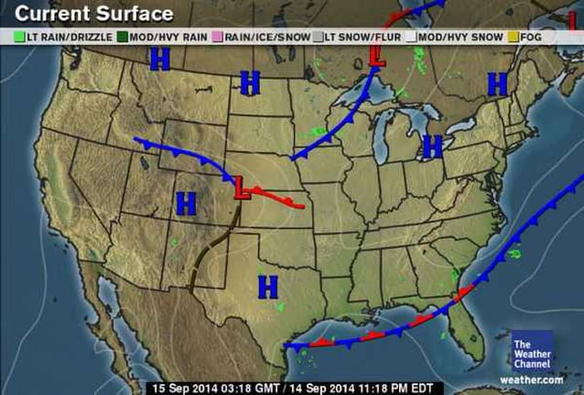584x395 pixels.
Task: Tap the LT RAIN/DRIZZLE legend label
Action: click(x=69, y=37)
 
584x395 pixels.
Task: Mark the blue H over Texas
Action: click(x=267, y=286)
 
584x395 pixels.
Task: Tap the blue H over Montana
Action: click(x=160, y=60)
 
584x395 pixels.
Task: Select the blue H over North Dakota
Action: click(x=249, y=82)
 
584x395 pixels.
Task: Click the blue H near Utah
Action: click(x=186, y=203)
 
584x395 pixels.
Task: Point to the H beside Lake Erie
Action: click(x=432, y=146)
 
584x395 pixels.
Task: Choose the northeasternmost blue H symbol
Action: click(x=497, y=85)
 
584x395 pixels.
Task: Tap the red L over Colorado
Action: click(x=241, y=188)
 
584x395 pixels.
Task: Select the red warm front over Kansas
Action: click(x=284, y=198)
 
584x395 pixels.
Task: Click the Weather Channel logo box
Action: click(x=532, y=350)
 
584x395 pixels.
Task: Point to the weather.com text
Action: click(x=532, y=379)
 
